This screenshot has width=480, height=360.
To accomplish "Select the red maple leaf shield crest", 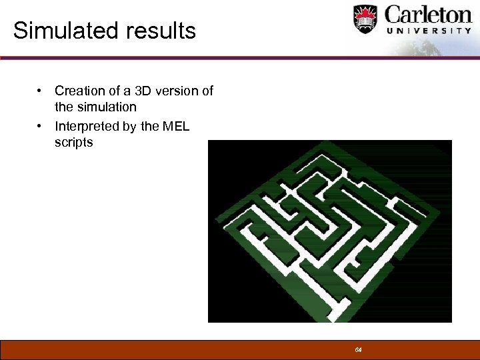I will (365, 19).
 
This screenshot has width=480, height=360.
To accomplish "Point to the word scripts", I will (74, 142).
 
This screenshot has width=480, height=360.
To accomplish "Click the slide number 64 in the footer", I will (358, 350).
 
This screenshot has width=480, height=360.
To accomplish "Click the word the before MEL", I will (151, 126).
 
